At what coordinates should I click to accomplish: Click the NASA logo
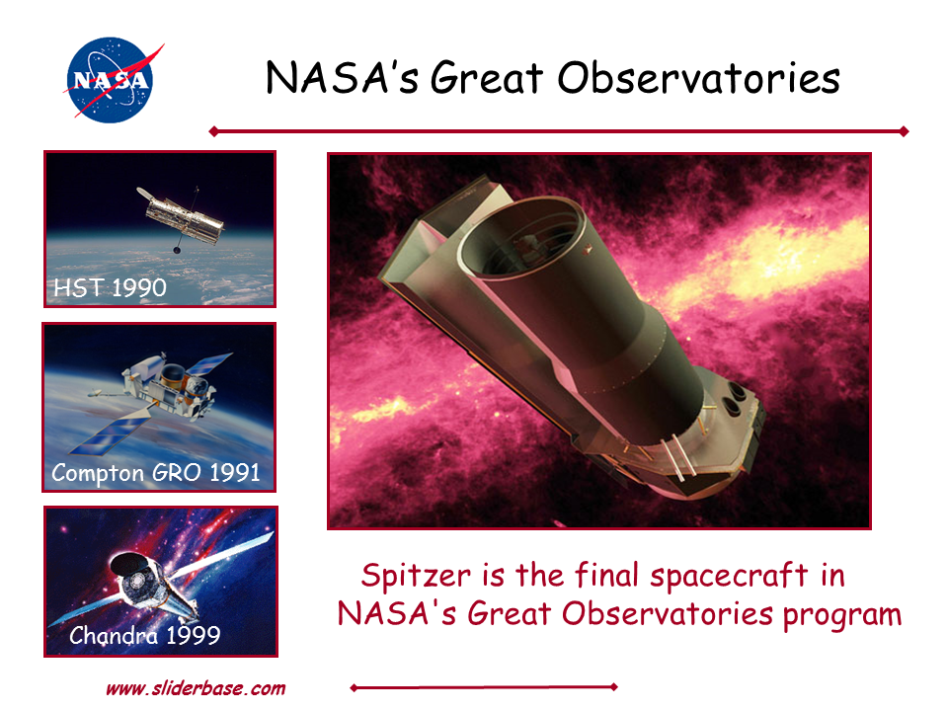coord(112,80)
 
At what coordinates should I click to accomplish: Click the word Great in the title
coord(486,78)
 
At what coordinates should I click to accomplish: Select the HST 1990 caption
coord(110,287)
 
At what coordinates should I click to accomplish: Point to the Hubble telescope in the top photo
coord(182,216)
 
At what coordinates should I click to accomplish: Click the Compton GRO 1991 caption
coord(155,473)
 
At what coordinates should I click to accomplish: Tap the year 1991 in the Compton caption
coord(235,472)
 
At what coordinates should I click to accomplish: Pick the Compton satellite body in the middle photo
coord(169,387)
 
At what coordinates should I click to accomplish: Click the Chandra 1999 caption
coord(144,635)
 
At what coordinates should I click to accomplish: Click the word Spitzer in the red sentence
coord(416,575)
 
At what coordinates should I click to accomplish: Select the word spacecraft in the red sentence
coord(729,575)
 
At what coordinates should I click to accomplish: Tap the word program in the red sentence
coord(842,615)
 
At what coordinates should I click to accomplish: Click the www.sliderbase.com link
coord(196,688)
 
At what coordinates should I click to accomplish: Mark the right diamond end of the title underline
coord(904,131)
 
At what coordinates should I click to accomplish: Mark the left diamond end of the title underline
coord(213,131)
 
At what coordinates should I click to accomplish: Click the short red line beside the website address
coord(484,687)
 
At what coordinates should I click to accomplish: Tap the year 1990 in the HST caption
coord(138,287)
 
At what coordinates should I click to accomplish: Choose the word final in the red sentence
coord(606,574)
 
